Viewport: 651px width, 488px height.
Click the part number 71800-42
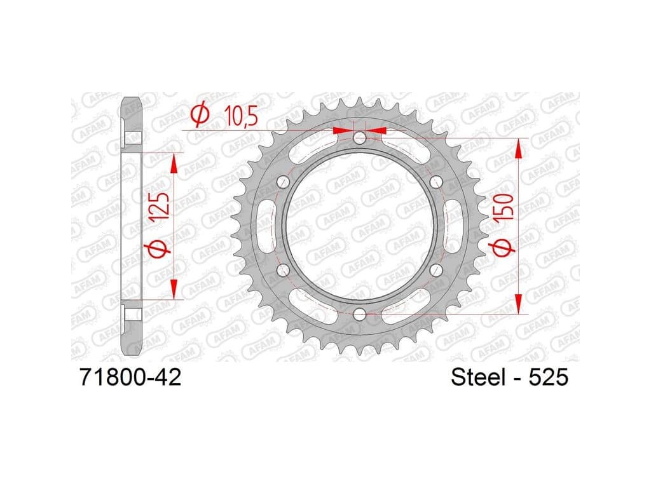point(130,377)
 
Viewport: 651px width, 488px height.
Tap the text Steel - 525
point(509,377)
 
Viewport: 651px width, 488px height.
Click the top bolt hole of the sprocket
point(360,138)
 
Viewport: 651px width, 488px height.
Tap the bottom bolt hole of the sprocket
point(360,315)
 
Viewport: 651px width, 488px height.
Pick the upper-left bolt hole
point(283,182)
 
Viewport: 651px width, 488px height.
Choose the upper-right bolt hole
point(436,182)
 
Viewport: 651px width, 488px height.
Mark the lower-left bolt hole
point(283,271)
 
